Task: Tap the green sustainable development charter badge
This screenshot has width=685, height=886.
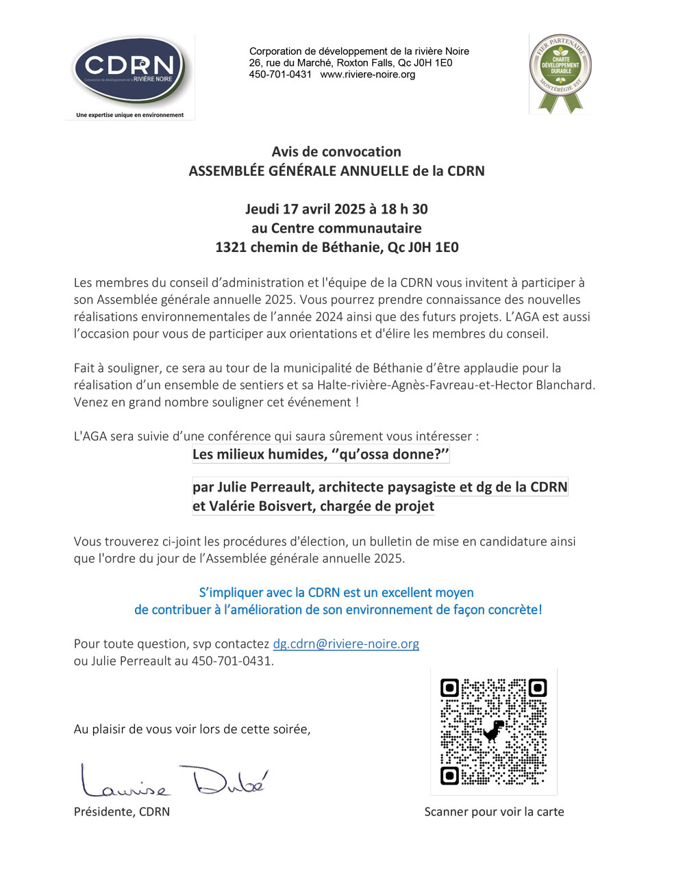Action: pyautogui.click(x=561, y=68)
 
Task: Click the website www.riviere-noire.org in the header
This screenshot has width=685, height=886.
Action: pyautogui.click(x=368, y=75)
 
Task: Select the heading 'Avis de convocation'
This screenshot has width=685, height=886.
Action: pyautogui.click(x=336, y=152)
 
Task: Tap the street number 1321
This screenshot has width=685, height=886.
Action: pyautogui.click(x=231, y=248)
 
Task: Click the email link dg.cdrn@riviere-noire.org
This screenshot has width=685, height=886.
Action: pyautogui.click(x=346, y=644)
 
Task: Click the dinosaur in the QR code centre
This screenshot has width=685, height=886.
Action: pyautogui.click(x=493, y=731)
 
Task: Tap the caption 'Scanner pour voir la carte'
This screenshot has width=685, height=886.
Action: pyautogui.click(x=494, y=812)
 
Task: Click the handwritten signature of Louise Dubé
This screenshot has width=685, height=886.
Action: pyautogui.click(x=174, y=782)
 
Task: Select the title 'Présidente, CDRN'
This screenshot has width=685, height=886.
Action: pyautogui.click(x=122, y=812)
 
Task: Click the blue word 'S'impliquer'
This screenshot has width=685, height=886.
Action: pyautogui.click(x=231, y=593)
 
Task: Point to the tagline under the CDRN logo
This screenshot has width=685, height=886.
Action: pyautogui.click(x=129, y=115)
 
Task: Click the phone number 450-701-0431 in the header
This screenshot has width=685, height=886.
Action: pyautogui.click(x=280, y=75)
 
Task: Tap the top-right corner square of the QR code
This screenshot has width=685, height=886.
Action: pyautogui.click(x=538, y=687)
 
